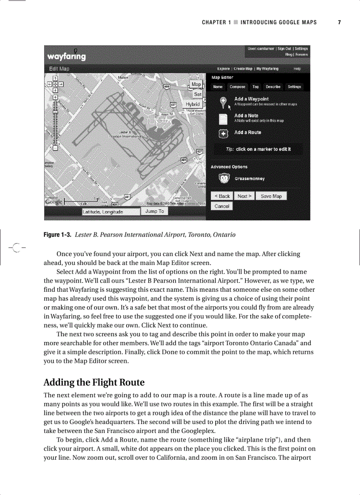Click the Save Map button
click(271, 196)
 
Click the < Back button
click(222, 196)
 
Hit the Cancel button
click(222, 206)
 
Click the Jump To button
click(154, 212)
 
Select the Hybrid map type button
click(193, 104)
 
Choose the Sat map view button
click(198, 94)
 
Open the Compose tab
click(237, 87)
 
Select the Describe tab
click(273, 87)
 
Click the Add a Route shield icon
click(224, 134)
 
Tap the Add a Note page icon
click(224, 118)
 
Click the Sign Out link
click(284, 49)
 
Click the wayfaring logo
click(67, 56)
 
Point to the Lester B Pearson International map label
click(125, 134)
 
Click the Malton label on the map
click(124, 78)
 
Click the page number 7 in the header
click(339, 22)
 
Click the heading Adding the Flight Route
click(94, 382)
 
